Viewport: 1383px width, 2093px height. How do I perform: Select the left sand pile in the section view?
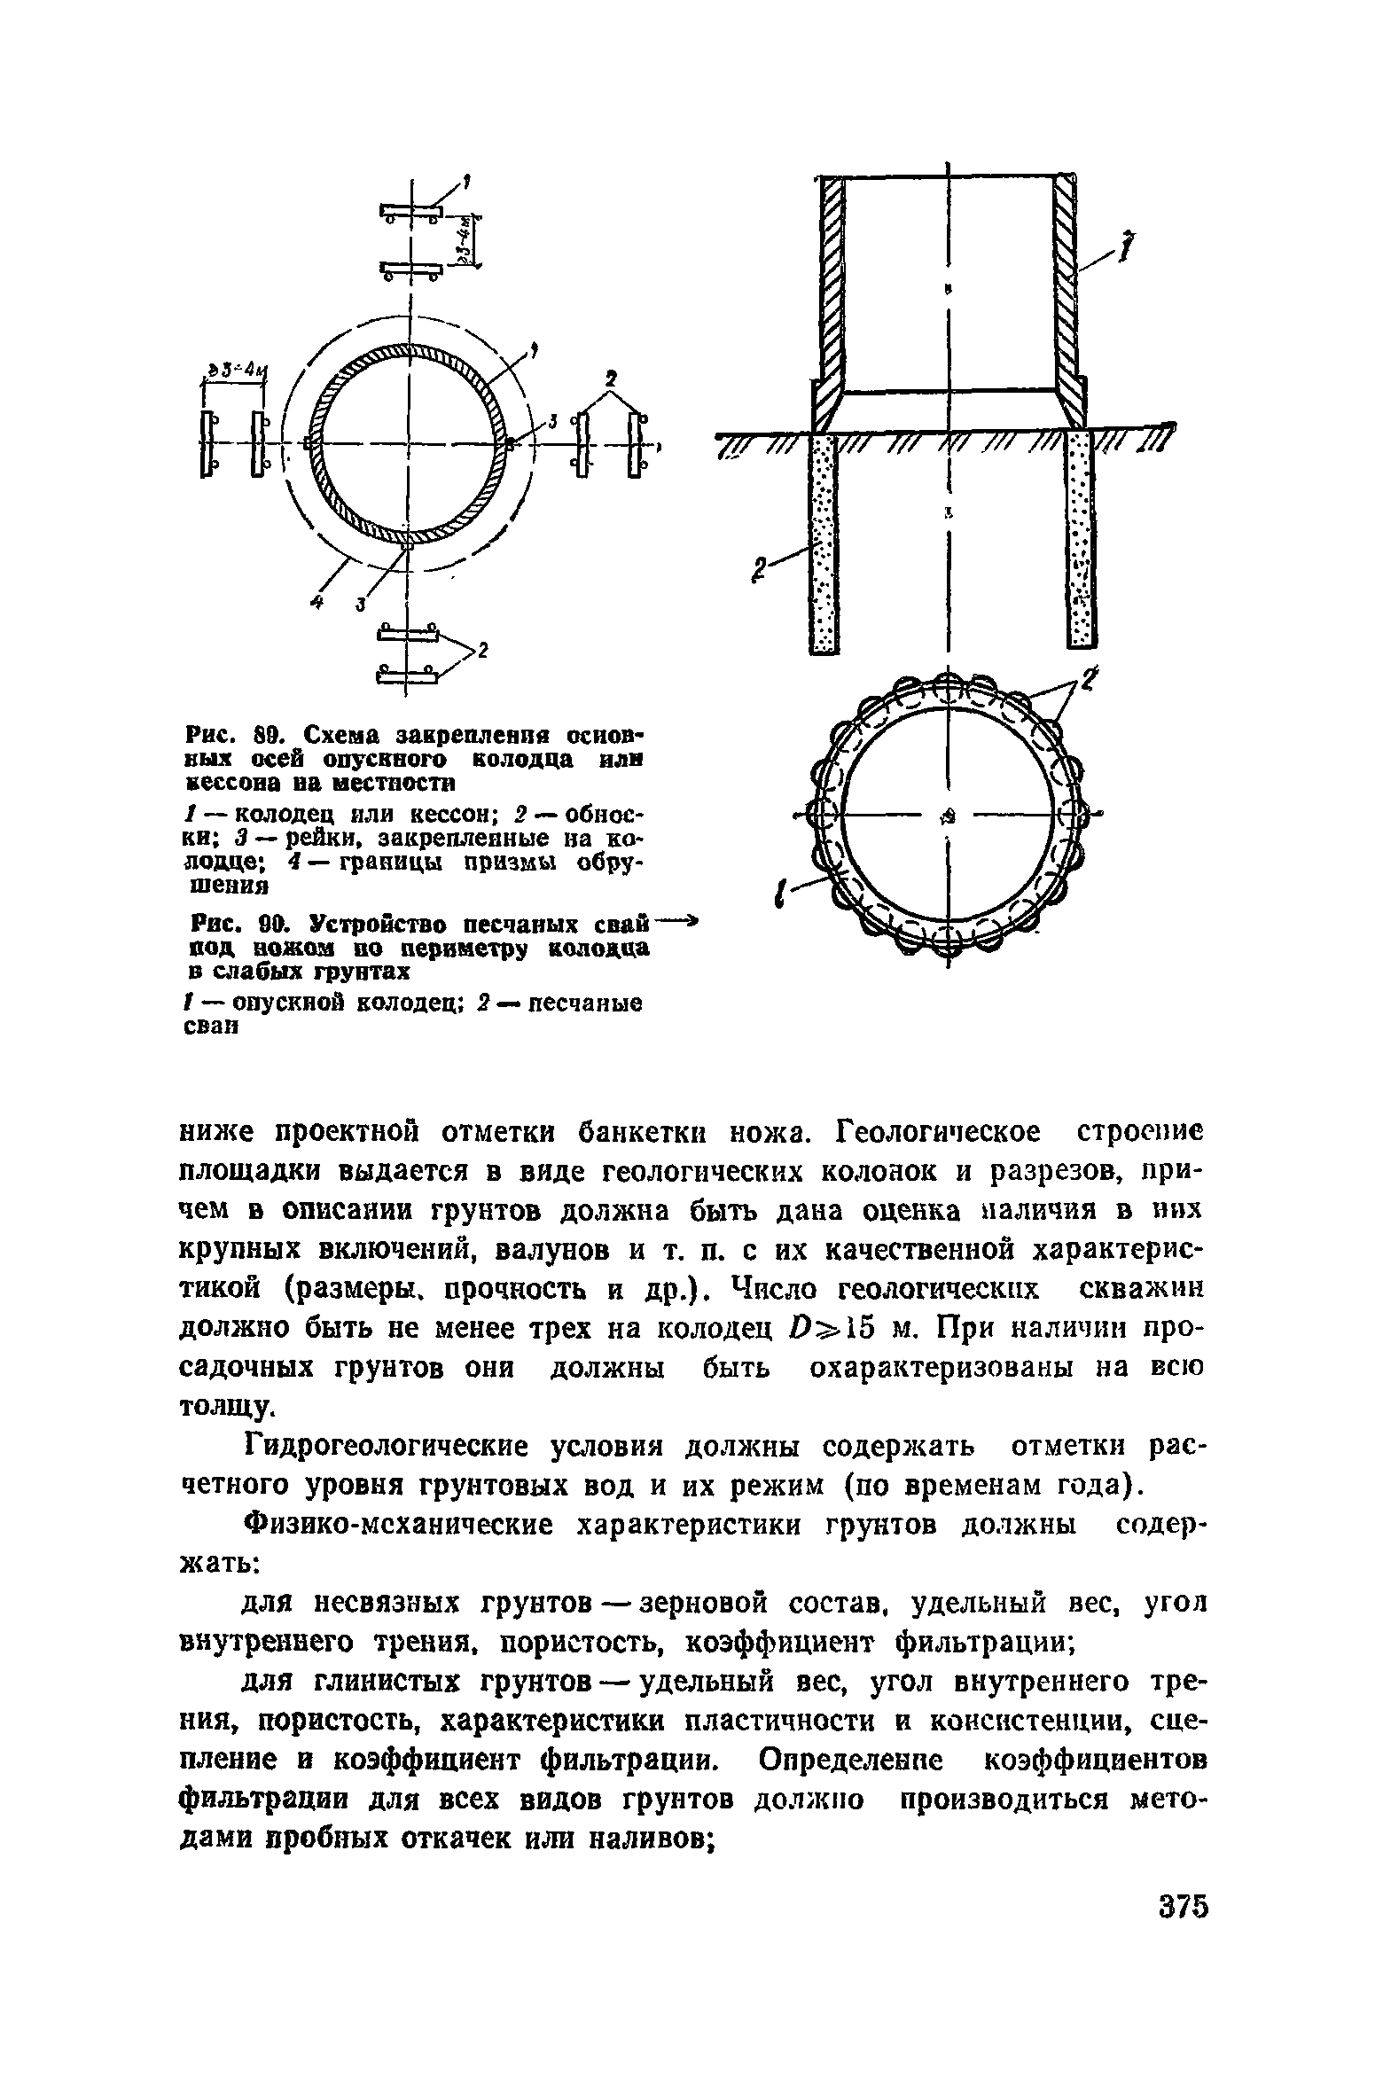click(x=824, y=543)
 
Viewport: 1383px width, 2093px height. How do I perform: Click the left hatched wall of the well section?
click(x=830, y=293)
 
